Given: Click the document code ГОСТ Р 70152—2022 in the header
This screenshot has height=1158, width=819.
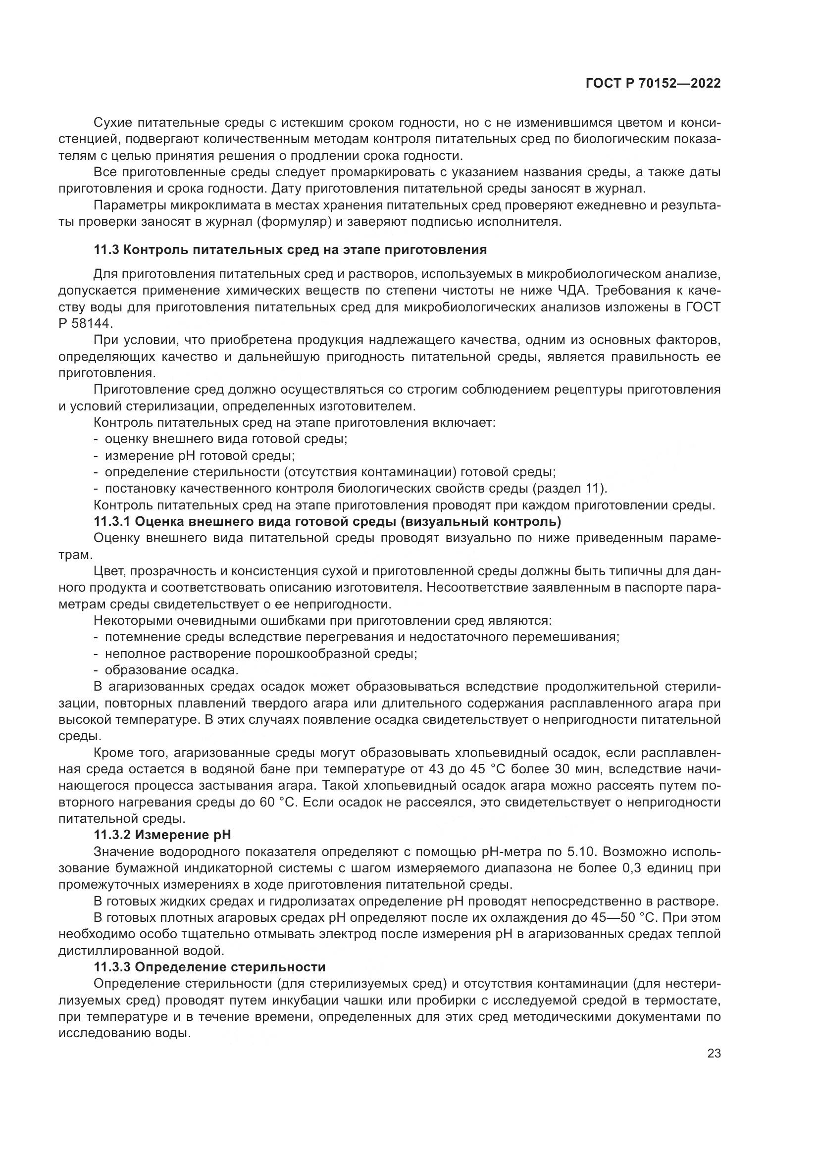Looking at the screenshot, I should coord(653,84).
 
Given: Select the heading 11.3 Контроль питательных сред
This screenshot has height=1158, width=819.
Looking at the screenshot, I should coord(290,250).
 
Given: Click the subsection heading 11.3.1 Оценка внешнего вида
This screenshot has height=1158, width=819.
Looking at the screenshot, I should coord(327,521).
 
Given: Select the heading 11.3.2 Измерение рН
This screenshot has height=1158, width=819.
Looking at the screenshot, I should coord(162,835).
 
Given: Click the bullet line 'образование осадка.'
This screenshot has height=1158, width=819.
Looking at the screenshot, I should coord(171,670).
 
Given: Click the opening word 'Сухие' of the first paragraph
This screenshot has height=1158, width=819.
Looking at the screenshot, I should coord(112,123).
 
